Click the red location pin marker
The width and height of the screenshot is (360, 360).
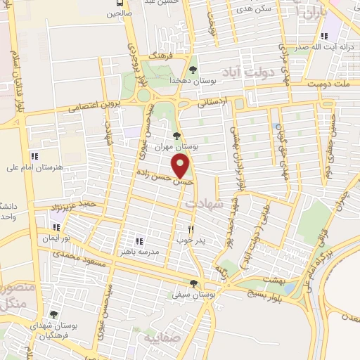click(181, 165)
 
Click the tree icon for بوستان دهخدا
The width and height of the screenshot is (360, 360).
click(193, 69)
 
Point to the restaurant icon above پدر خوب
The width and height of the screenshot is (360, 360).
click(191, 229)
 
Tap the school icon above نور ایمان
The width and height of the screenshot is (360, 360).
click(56, 227)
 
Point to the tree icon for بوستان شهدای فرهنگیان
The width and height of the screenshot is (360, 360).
click(53, 315)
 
